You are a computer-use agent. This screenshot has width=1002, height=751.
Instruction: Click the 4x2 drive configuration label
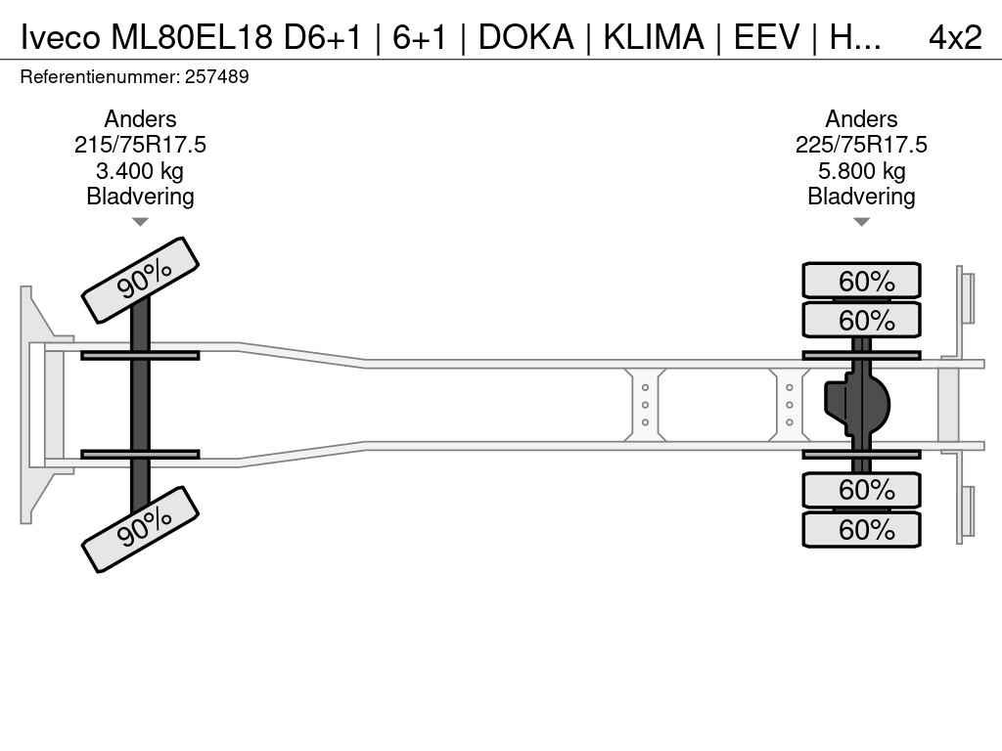click(954, 36)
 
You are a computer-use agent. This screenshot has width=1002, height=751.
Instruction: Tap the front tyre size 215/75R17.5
click(140, 145)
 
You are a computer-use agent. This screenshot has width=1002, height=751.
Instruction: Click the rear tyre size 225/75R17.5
click(861, 145)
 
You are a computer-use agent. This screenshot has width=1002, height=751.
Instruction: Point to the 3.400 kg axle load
click(140, 171)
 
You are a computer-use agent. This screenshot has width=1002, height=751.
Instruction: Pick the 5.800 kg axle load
click(861, 171)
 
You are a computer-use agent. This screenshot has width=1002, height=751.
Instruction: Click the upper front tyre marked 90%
click(140, 280)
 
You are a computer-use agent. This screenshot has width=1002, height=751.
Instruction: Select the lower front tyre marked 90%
click(140, 528)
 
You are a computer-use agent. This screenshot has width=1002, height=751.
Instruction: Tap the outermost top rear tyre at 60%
click(861, 281)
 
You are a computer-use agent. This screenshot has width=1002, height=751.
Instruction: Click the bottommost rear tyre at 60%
click(861, 530)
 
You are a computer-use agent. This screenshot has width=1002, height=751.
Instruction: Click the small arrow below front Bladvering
click(140, 222)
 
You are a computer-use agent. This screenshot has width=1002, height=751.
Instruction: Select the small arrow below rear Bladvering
click(861, 222)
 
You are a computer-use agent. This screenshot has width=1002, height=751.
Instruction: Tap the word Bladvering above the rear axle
click(861, 197)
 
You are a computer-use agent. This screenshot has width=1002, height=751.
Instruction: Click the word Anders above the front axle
click(140, 119)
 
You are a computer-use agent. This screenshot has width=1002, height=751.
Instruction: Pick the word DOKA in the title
click(525, 36)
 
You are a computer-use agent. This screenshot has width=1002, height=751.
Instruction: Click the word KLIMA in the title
click(653, 36)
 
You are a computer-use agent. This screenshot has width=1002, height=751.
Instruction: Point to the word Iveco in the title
click(61, 36)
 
